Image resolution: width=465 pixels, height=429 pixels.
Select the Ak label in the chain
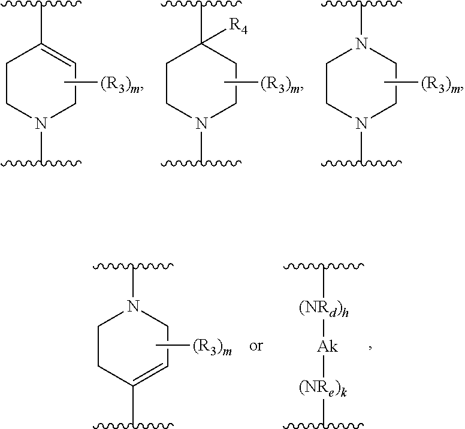(323, 347)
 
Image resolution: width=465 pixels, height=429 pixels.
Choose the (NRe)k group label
(323, 385)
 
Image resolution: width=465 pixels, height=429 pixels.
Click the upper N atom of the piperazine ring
(361, 44)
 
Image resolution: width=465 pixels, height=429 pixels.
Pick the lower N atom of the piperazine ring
(361, 124)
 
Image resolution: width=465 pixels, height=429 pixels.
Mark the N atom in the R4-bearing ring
(202, 124)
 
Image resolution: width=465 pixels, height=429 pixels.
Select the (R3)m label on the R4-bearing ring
(281, 85)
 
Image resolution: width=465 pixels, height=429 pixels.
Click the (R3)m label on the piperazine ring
(441, 85)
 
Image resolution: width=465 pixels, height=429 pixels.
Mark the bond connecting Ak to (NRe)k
(323, 366)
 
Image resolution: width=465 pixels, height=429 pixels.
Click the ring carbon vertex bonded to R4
(202, 44)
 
